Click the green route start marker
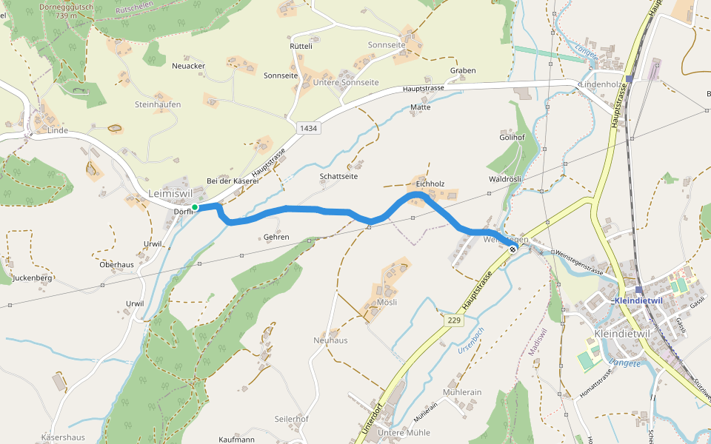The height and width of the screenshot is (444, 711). tap(195, 207)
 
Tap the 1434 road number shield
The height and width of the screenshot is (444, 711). tap(309, 129)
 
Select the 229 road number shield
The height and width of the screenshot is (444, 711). tap(455, 320)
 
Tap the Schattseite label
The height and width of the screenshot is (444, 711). tap(338, 177)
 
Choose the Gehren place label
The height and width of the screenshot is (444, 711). tap(276, 238)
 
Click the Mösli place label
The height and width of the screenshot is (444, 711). tap(386, 302)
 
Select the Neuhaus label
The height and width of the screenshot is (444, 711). tap(330, 340)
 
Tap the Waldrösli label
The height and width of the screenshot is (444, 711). tap(506, 179)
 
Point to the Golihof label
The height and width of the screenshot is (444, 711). tap(512, 138)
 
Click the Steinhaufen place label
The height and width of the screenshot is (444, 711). tap(158, 104)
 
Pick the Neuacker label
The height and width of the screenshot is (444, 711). tap(188, 66)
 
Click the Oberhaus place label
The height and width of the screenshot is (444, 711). tap(116, 264)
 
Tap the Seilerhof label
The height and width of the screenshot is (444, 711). tap(291, 419)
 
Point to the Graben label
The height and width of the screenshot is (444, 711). tap(463, 71)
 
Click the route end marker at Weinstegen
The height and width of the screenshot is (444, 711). tap(512, 249)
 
